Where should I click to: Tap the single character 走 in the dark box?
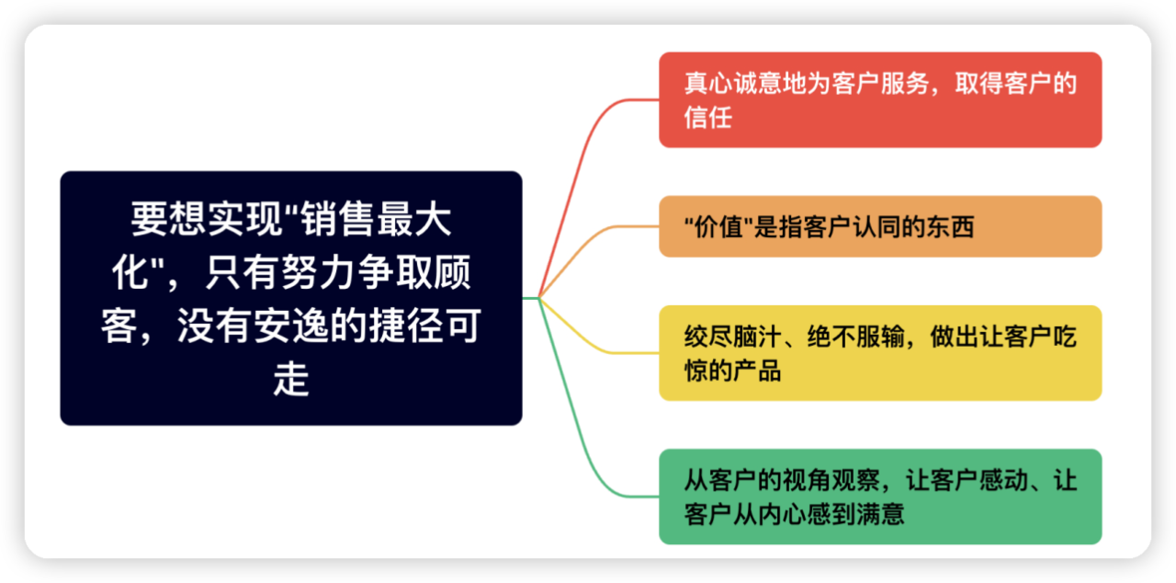click(291, 379)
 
